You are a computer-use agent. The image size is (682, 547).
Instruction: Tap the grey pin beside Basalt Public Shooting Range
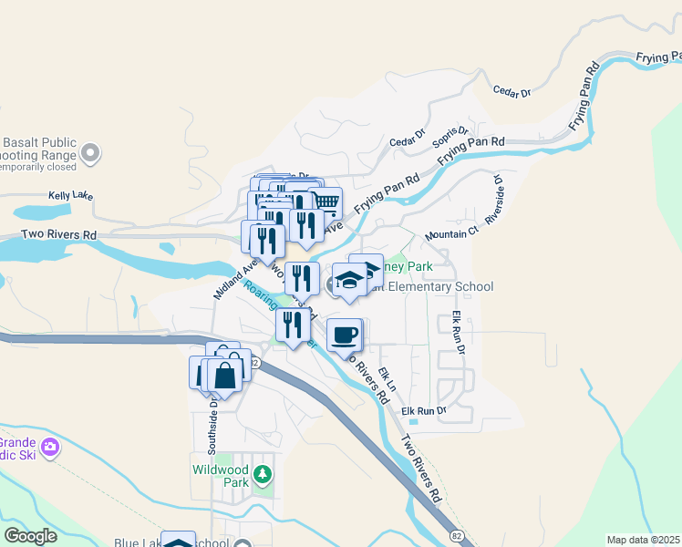pyautogui.click(x=89, y=152)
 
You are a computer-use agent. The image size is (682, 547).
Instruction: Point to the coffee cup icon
pyautogui.click(x=344, y=335)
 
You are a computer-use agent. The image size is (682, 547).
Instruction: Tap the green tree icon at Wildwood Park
pyautogui.click(x=263, y=474)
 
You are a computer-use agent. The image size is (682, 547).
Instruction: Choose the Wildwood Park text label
pyautogui.click(x=221, y=476)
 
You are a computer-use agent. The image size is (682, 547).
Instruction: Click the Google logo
pyautogui.click(x=31, y=535)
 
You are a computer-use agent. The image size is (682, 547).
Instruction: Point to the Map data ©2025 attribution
pyautogui.click(x=642, y=540)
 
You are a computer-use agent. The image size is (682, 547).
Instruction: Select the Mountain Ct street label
pyautogui.click(x=451, y=234)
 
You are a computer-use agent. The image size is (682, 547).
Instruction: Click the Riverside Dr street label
pyautogui.click(x=495, y=200)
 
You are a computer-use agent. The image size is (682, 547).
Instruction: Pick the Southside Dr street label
pyautogui.click(x=213, y=428)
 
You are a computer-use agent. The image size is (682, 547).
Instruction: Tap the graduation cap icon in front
pyautogui.click(x=347, y=280)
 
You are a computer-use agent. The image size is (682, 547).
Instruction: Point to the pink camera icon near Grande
pyautogui.click(x=51, y=448)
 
